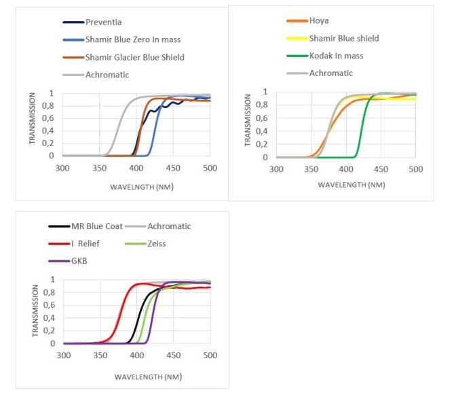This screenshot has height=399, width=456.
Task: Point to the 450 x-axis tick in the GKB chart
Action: [x=174, y=355]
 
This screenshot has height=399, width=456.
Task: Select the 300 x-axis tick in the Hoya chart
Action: [x=276, y=169]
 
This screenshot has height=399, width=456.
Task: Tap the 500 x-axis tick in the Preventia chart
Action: [x=210, y=167]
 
